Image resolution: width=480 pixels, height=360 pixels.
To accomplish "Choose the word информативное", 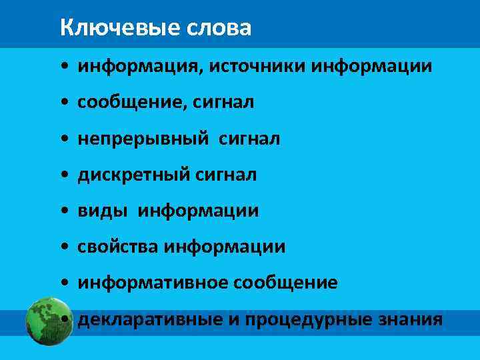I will tap(153, 283).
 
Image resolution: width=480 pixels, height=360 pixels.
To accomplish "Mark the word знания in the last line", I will tap(411, 319).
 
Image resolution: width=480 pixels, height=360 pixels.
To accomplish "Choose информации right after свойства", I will tap(225, 247).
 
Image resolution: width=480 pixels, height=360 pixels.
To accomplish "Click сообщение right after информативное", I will tap(285, 283).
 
